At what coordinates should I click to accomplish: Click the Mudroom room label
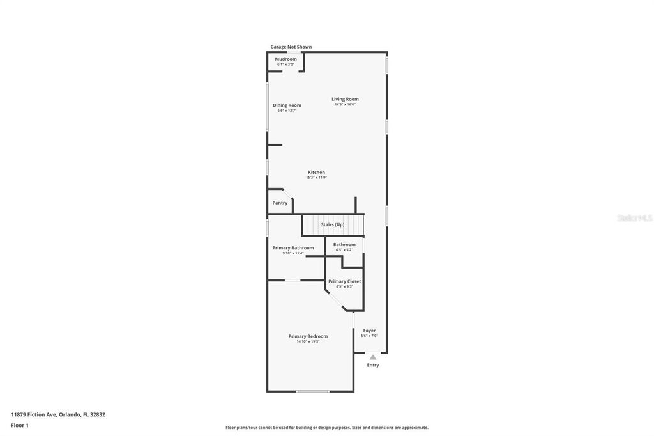286,59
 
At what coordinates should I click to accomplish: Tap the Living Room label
345,99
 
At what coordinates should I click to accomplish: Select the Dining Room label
287,105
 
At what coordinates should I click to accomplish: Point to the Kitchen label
316,172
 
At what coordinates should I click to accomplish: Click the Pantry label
280,203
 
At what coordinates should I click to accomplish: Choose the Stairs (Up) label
332,224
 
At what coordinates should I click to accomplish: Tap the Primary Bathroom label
293,247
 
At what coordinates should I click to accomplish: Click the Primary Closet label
344,281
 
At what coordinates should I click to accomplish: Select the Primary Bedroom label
308,336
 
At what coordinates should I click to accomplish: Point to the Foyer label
369,331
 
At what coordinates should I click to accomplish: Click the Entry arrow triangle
373,357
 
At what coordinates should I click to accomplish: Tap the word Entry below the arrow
373,365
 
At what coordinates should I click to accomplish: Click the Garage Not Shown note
291,47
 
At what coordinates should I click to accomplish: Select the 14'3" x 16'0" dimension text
345,104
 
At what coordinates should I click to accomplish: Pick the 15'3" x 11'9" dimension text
316,177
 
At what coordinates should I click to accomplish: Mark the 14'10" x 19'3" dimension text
308,341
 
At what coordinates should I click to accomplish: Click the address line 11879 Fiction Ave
58,414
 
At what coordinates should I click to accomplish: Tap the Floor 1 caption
20,424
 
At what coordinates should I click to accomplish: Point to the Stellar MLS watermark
634,218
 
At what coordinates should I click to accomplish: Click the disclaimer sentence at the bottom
326,427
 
